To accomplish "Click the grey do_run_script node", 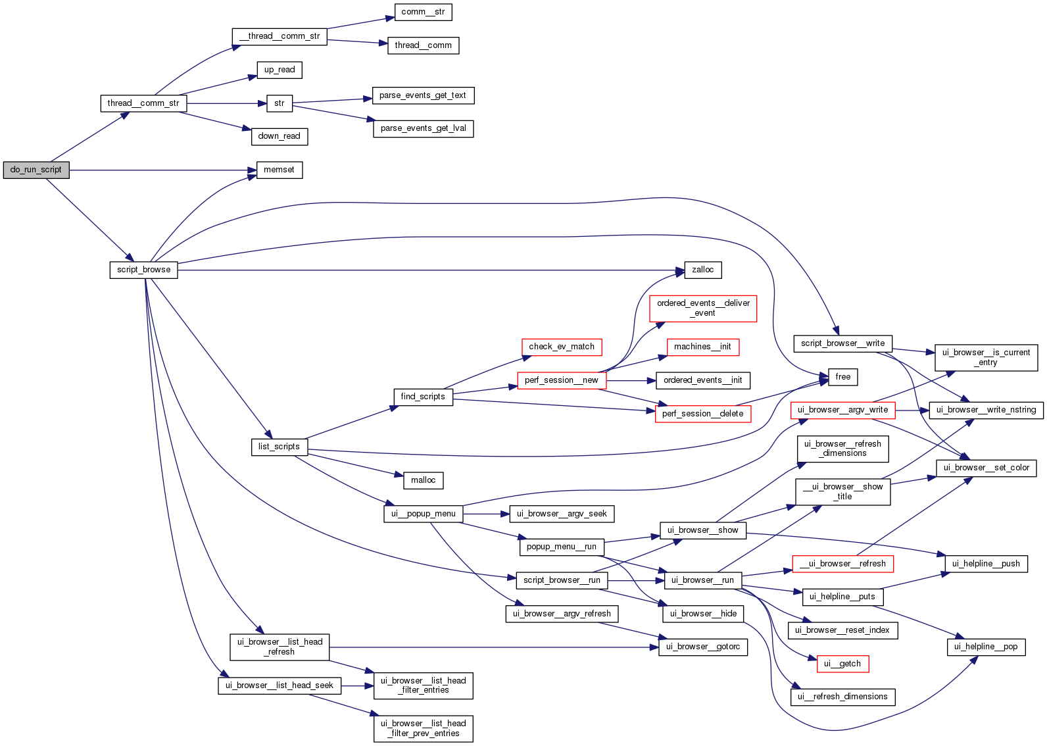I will [x=36, y=170].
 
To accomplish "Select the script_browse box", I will [x=143, y=270].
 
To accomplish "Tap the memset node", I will [x=279, y=170].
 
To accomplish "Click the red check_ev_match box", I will [x=561, y=347].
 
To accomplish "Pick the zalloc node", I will [x=702, y=270].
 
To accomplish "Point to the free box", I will [x=842, y=377].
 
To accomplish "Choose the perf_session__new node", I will [x=561, y=380].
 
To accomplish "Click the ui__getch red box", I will [x=842, y=664].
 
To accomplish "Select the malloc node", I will [x=423, y=480].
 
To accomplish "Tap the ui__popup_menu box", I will [x=423, y=514].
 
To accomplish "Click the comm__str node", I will [x=423, y=12].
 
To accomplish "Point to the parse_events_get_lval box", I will [x=423, y=128].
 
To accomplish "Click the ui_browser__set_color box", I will [x=986, y=468].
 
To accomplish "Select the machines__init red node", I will [x=702, y=347].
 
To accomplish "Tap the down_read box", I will [x=279, y=136].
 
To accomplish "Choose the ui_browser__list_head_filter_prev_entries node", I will [x=423, y=728].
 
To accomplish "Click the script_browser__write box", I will [x=842, y=343].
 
